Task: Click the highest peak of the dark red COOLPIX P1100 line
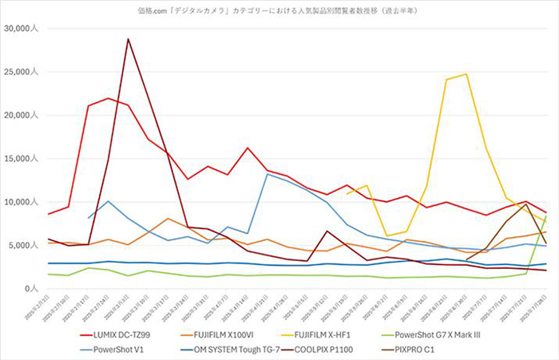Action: click(128, 38)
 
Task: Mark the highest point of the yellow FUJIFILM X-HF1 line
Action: click(466, 74)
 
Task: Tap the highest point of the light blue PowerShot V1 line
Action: click(267, 173)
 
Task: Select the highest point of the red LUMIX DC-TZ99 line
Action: click(108, 98)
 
